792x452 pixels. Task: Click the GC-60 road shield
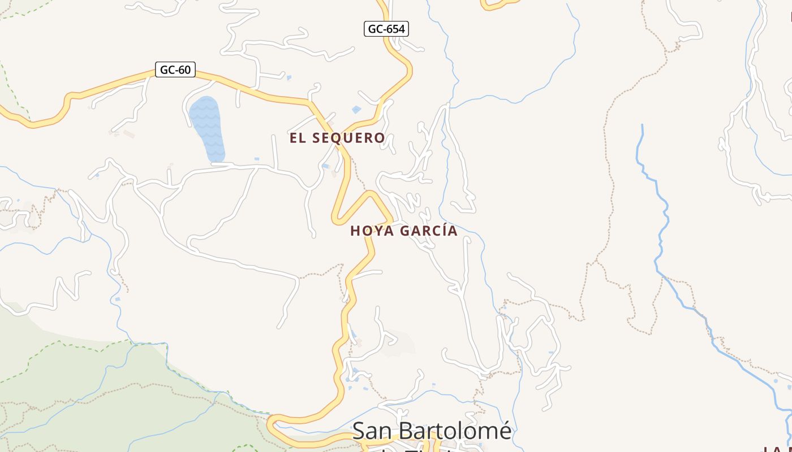pos(175,70)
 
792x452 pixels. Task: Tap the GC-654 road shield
pos(386,29)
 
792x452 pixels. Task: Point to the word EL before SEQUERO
pos(299,138)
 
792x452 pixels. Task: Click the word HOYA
pos(371,231)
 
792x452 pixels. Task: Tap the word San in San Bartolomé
pos(373,431)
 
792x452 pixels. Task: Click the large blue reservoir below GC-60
pos(207,127)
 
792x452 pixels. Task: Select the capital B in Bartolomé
pos(407,431)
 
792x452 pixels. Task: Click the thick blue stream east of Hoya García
pos(659,226)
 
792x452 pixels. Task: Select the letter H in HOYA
pos(355,231)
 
